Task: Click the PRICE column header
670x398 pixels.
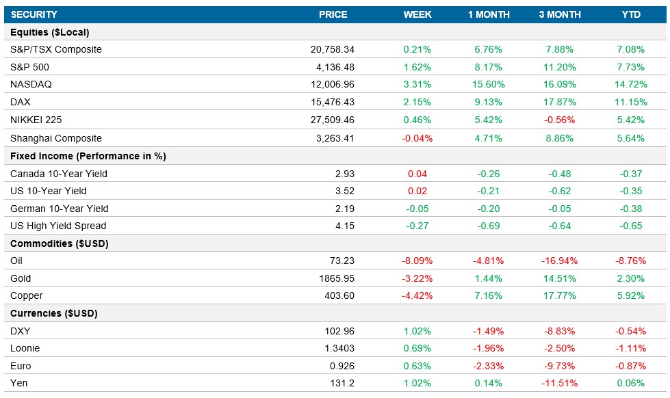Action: tap(333, 14)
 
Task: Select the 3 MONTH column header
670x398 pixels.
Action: tap(559, 14)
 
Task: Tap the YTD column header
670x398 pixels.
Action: tap(630, 14)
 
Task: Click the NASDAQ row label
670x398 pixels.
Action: tap(31, 85)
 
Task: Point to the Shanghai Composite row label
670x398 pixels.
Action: tap(56, 138)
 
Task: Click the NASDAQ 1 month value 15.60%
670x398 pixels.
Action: tap(489, 85)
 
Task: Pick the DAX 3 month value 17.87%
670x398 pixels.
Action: tap(559, 103)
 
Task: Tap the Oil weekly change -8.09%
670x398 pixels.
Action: tap(417, 261)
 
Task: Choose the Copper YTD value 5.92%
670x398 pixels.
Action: tap(630, 296)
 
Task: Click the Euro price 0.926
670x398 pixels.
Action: tap(342, 366)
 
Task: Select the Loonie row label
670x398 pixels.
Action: tap(25, 349)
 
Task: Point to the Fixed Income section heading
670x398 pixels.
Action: tap(88, 156)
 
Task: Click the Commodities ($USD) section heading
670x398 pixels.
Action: tap(60, 243)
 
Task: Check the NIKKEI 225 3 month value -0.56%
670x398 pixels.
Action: tap(559, 120)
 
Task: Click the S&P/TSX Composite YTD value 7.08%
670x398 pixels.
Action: tap(630, 49)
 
